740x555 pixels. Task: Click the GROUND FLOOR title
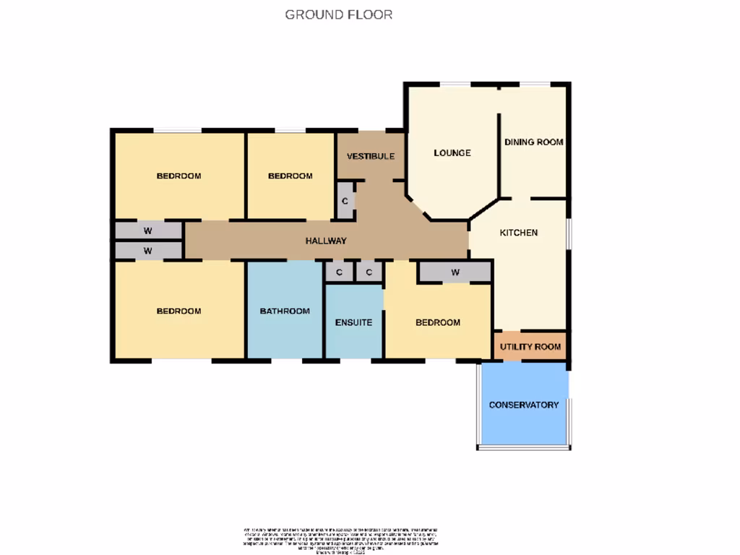338,14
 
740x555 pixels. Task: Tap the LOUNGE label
452,153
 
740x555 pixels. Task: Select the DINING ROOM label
533,142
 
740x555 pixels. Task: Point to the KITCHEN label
518,233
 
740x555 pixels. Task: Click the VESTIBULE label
370,156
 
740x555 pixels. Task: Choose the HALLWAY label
325,241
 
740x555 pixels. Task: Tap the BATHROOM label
285,311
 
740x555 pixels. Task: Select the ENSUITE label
353,322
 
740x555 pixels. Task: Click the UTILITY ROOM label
530,347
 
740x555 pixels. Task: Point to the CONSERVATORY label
523,405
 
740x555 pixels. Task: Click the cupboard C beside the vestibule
345,200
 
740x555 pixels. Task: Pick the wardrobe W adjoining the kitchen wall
455,272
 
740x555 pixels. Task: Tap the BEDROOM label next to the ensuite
437,322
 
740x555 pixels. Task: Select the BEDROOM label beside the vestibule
290,176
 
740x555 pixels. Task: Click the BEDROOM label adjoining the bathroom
178,311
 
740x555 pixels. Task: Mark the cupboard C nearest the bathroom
338,272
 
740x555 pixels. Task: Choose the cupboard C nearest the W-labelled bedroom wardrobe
369,272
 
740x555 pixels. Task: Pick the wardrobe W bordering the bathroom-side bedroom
147,251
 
